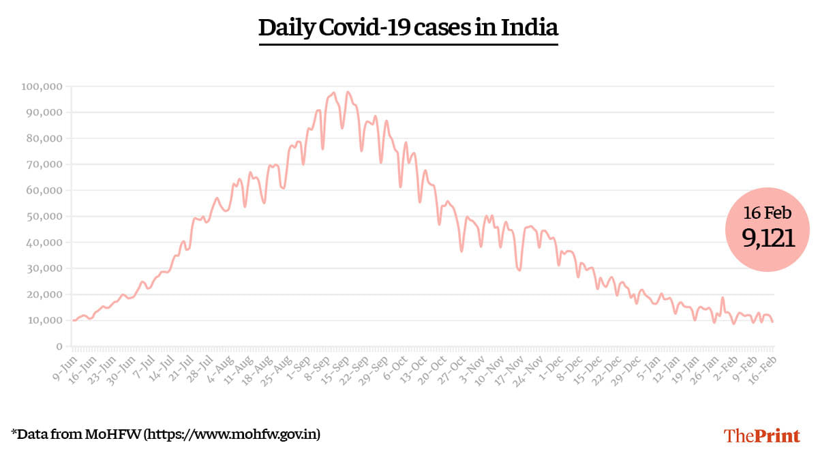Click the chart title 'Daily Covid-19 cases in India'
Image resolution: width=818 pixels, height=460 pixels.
408,28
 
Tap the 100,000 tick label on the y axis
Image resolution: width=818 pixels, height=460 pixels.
42,87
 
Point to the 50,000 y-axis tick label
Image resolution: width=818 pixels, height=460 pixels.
44,217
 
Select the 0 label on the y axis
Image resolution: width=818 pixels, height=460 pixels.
59,346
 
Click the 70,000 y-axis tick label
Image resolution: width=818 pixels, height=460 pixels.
44,164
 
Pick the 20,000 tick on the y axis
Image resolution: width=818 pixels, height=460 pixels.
44,294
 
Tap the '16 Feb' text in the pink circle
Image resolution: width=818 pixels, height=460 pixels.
768,213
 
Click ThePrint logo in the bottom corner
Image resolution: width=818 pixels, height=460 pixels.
761,435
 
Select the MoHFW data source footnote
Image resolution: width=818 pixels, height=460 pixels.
166,433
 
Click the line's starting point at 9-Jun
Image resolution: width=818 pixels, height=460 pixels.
73,320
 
